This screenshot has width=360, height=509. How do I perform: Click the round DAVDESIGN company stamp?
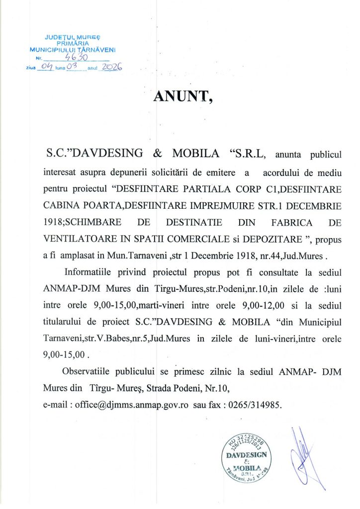point(246,460)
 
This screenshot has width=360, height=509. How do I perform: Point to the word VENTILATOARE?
point(73,239)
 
